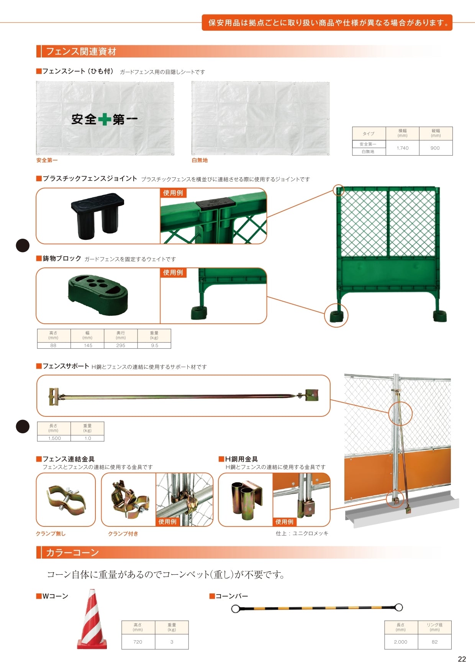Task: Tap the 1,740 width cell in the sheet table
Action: [x=403, y=148]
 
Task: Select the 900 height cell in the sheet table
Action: [x=435, y=148]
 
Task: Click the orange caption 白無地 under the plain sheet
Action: [x=200, y=161]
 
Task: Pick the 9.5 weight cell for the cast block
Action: [x=154, y=345]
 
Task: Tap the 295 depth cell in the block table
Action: [x=121, y=345]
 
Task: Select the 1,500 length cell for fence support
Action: [x=54, y=438]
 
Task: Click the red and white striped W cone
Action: [x=92, y=619]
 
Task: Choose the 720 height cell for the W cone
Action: [x=138, y=642]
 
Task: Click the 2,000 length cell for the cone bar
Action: [x=401, y=642]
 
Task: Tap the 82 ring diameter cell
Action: [x=434, y=642]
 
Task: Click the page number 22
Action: [x=462, y=659]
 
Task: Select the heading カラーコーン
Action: [x=72, y=552]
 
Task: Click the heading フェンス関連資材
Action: [x=81, y=51]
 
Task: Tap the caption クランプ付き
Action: [x=123, y=534]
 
